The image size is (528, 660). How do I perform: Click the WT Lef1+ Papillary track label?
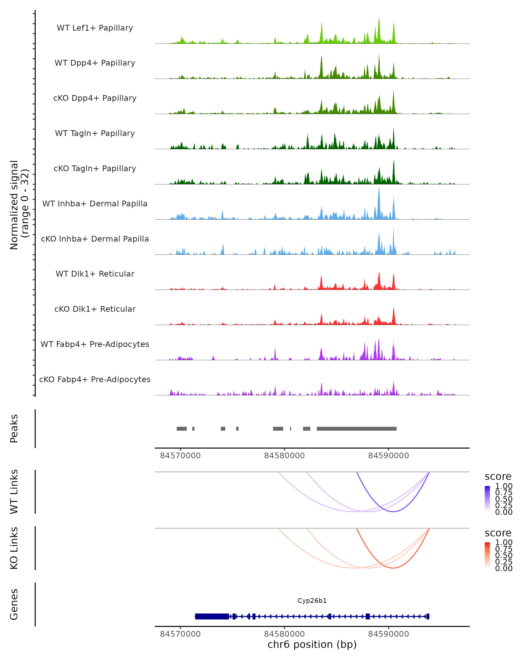[95, 28]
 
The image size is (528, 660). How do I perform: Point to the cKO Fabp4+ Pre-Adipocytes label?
[95, 379]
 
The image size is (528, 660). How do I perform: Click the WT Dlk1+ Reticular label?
[95, 274]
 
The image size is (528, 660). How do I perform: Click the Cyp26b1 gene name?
[312, 601]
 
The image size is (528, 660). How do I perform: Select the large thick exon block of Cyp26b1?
[212, 616]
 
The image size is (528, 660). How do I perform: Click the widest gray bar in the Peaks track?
[357, 429]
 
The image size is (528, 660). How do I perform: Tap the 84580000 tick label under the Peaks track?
[284, 456]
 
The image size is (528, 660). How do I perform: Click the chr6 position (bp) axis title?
[312, 644]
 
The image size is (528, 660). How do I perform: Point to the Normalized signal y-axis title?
[19, 205]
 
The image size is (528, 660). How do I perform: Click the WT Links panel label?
[14, 492]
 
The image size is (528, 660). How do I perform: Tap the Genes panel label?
[14, 604]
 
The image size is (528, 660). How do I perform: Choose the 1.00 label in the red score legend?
[504, 543]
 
